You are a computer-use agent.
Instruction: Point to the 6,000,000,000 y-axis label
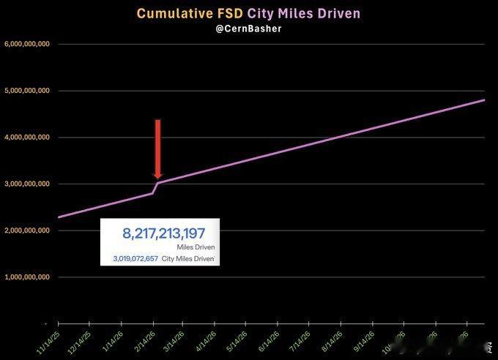coord(27,44)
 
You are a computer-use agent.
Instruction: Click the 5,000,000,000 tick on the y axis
coord(27,91)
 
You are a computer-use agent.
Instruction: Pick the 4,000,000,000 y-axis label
coord(27,137)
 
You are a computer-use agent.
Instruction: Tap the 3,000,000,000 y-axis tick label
coord(27,184)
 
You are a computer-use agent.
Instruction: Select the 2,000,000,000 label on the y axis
coord(27,230)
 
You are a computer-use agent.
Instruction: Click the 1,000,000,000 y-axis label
coord(27,277)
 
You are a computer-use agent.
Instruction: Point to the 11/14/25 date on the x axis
coord(48,341)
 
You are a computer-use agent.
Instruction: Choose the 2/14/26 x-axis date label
coord(143,341)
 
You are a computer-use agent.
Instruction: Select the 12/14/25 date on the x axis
coord(79,341)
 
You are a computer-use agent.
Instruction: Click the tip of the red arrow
coord(157,177)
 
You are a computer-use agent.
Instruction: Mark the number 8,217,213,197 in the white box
coord(163,233)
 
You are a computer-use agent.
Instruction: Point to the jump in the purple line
coord(155,187)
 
